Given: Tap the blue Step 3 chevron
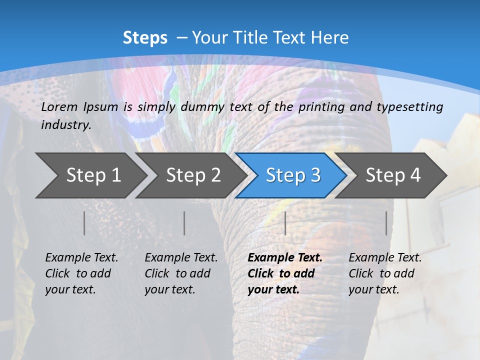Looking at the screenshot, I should point(293,175).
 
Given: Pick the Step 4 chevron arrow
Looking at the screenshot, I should point(393,175).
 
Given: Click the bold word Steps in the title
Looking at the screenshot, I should point(145,38).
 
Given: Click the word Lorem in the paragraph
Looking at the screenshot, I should point(57,106).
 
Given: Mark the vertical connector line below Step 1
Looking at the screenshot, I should point(84,223).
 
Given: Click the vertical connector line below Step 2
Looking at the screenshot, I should point(184,223).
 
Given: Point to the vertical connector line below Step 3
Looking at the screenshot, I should point(285,223).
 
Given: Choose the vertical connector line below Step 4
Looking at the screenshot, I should point(386,223).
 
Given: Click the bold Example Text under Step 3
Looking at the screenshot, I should point(285,258).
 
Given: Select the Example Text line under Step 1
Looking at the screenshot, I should point(81,258).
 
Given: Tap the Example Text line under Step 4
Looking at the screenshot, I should point(385,258).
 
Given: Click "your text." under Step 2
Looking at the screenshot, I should point(170,289).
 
